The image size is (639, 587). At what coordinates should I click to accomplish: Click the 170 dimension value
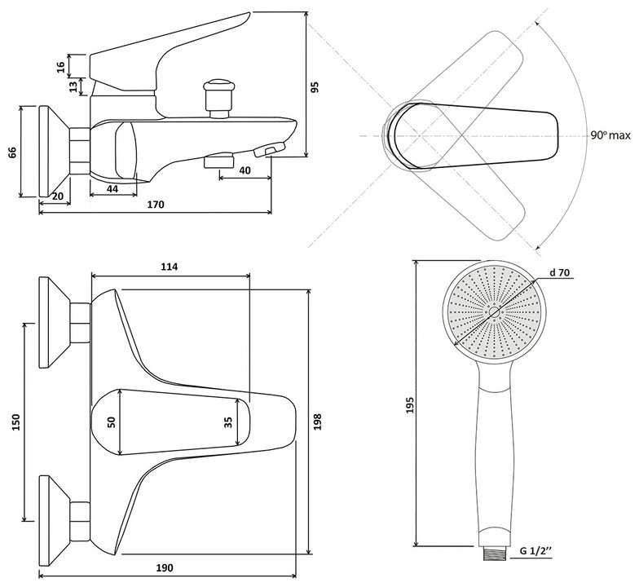tap(156, 204)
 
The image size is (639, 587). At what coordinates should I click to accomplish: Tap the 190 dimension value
tap(165, 567)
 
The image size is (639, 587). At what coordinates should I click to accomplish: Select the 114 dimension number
tap(170, 267)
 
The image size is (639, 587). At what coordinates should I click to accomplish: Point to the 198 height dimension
tap(318, 421)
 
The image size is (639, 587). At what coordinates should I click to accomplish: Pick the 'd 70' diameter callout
tap(559, 272)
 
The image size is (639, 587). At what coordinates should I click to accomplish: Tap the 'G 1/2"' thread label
tap(535, 551)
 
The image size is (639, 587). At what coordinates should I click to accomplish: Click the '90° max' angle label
tap(610, 135)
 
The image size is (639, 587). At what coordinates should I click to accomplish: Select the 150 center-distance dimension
tap(15, 422)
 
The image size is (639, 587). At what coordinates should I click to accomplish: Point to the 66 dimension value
tap(12, 152)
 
